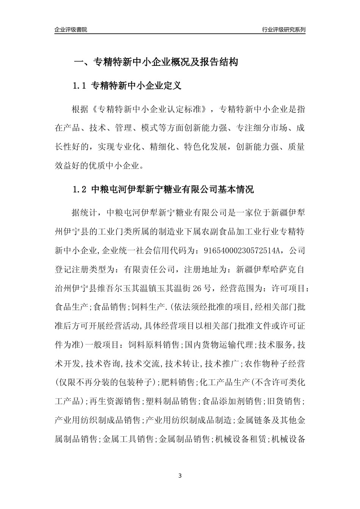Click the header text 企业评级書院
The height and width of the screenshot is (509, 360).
[x=71, y=30]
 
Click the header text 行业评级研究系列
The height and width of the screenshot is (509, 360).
[x=283, y=30]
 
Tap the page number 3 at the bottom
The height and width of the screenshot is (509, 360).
[x=180, y=475]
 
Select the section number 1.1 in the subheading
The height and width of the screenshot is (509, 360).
[x=80, y=86]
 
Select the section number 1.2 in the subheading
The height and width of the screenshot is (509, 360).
[x=80, y=189]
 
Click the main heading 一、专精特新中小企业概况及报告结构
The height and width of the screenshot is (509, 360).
[x=155, y=62]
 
